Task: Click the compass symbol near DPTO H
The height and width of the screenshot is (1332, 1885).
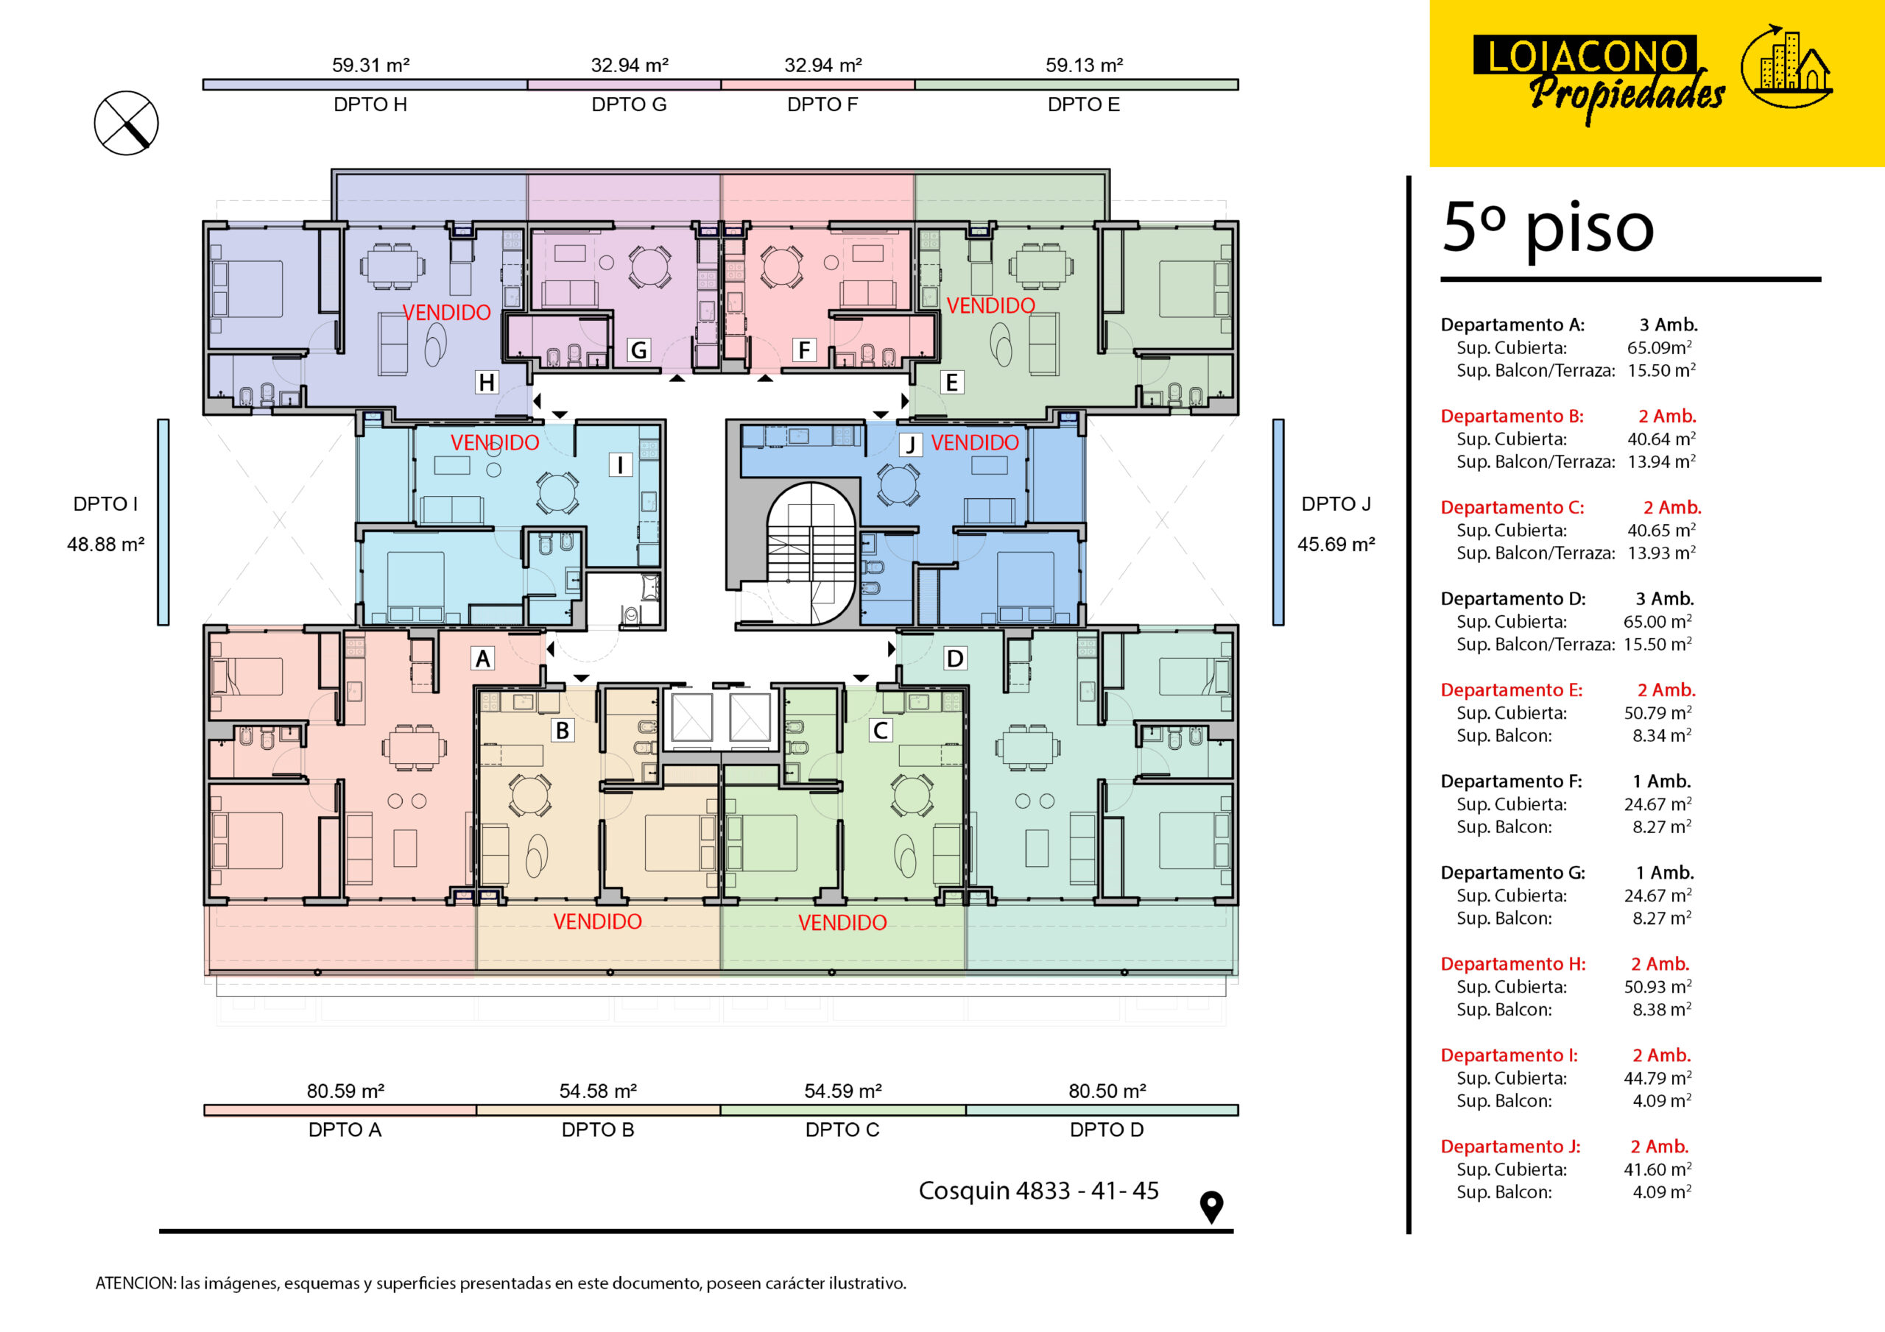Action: (126, 123)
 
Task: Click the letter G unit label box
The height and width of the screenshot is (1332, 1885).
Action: (638, 350)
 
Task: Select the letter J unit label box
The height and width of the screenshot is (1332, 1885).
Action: (909, 444)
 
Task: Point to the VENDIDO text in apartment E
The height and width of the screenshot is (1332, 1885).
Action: (990, 306)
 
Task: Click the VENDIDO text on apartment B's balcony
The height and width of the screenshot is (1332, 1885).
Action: (597, 921)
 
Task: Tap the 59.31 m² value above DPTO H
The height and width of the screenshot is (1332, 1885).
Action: (370, 65)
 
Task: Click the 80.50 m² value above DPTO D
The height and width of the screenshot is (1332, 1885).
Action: (1107, 1091)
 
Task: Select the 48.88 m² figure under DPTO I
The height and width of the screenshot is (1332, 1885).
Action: (106, 544)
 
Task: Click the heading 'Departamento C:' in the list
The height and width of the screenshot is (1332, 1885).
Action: (1512, 507)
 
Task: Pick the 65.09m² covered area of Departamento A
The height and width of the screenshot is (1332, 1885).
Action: (1659, 347)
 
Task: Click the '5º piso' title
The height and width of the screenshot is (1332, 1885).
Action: (1548, 227)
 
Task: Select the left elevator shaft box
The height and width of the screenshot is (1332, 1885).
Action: (691, 718)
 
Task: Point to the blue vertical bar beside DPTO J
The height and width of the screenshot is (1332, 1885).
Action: (1278, 522)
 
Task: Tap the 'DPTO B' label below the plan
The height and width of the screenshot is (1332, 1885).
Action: (598, 1130)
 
